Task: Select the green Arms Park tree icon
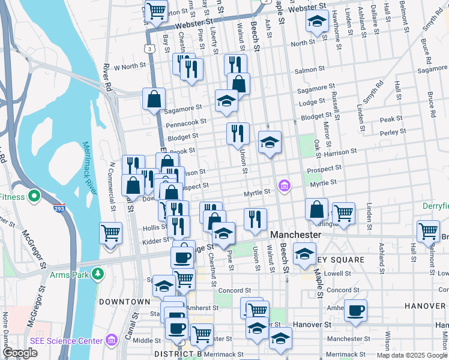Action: coord(98,274)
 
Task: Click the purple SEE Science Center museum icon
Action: coord(110,341)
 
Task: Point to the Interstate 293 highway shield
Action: coord(59,209)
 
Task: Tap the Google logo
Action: coord(20,353)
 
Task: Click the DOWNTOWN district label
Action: coord(124,301)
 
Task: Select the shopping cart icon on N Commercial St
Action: coord(111,233)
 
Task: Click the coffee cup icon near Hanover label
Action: coord(355,310)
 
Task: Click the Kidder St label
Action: coord(154,240)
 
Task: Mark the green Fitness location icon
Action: coord(34,196)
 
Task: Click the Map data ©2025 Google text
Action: coord(412,355)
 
